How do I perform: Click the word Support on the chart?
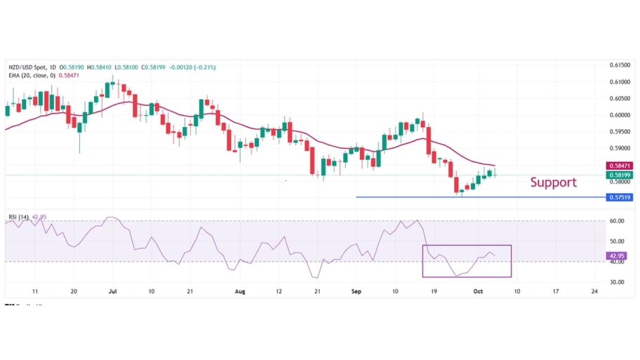[x=553, y=182]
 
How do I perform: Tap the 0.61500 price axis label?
[x=619, y=65]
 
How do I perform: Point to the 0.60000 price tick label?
[x=619, y=115]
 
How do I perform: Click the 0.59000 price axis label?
[x=619, y=148]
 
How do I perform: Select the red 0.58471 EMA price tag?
[x=619, y=166]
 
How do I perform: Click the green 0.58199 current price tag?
[x=619, y=175]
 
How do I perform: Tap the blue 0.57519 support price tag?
[x=619, y=197]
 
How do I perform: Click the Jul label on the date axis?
[x=112, y=290]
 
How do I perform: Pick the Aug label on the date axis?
[x=240, y=290]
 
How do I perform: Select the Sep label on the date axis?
[x=356, y=290]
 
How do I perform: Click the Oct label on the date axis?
[x=477, y=290]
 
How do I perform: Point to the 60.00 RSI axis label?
[x=616, y=220]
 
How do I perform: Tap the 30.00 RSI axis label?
[x=616, y=282]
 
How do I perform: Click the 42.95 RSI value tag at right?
[x=616, y=255]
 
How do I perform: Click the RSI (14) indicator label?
[x=18, y=217]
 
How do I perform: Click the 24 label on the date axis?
[x=594, y=290]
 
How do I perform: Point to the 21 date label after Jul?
[x=189, y=290]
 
